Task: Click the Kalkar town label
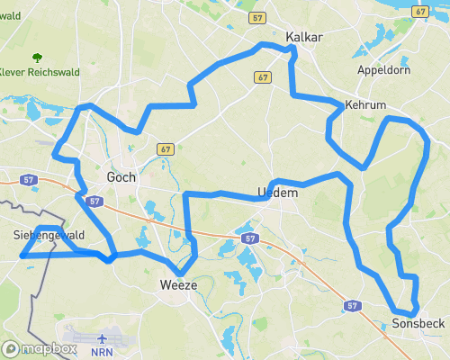303,37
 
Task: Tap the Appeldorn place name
384,69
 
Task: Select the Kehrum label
365,105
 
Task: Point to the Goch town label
121,177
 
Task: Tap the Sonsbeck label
418,322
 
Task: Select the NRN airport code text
103,353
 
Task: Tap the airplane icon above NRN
102,338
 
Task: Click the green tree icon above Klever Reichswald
36,57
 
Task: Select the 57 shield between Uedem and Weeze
250,238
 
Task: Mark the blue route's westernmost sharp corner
21,256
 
